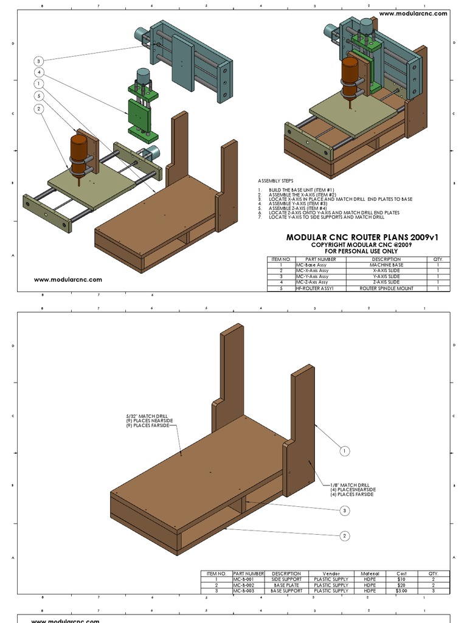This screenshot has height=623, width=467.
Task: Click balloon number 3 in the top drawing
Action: tap(38, 61)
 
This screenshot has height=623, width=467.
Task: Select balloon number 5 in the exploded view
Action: tap(38, 96)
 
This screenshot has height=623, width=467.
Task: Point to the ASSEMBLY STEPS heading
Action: tap(275, 181)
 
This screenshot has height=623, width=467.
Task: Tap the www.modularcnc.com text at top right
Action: tap(413, 13)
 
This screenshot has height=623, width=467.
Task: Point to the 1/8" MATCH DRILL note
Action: tap(352, 489)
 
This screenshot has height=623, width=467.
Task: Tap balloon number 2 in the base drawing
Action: tap(345, 535)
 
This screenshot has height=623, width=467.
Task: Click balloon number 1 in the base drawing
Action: tap(345, 451)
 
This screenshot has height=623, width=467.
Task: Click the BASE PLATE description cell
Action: tap(286, 585)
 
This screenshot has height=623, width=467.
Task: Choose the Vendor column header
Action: tap(331, 573)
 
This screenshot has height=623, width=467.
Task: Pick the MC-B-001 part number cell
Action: tap(247, 579)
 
